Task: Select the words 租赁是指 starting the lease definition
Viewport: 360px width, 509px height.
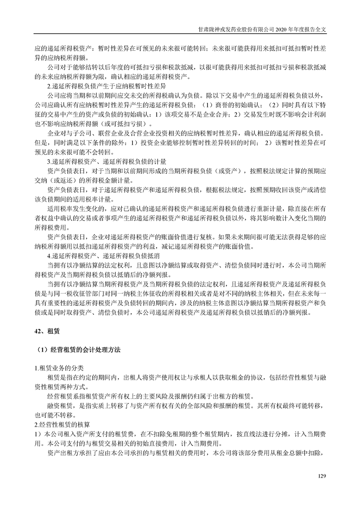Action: click(57, 377)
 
